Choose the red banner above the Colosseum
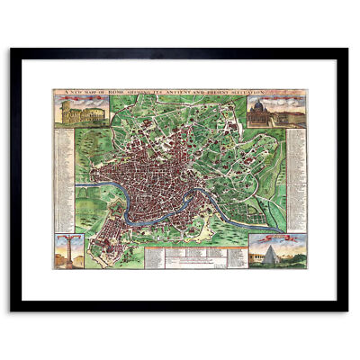pos(72,98)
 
